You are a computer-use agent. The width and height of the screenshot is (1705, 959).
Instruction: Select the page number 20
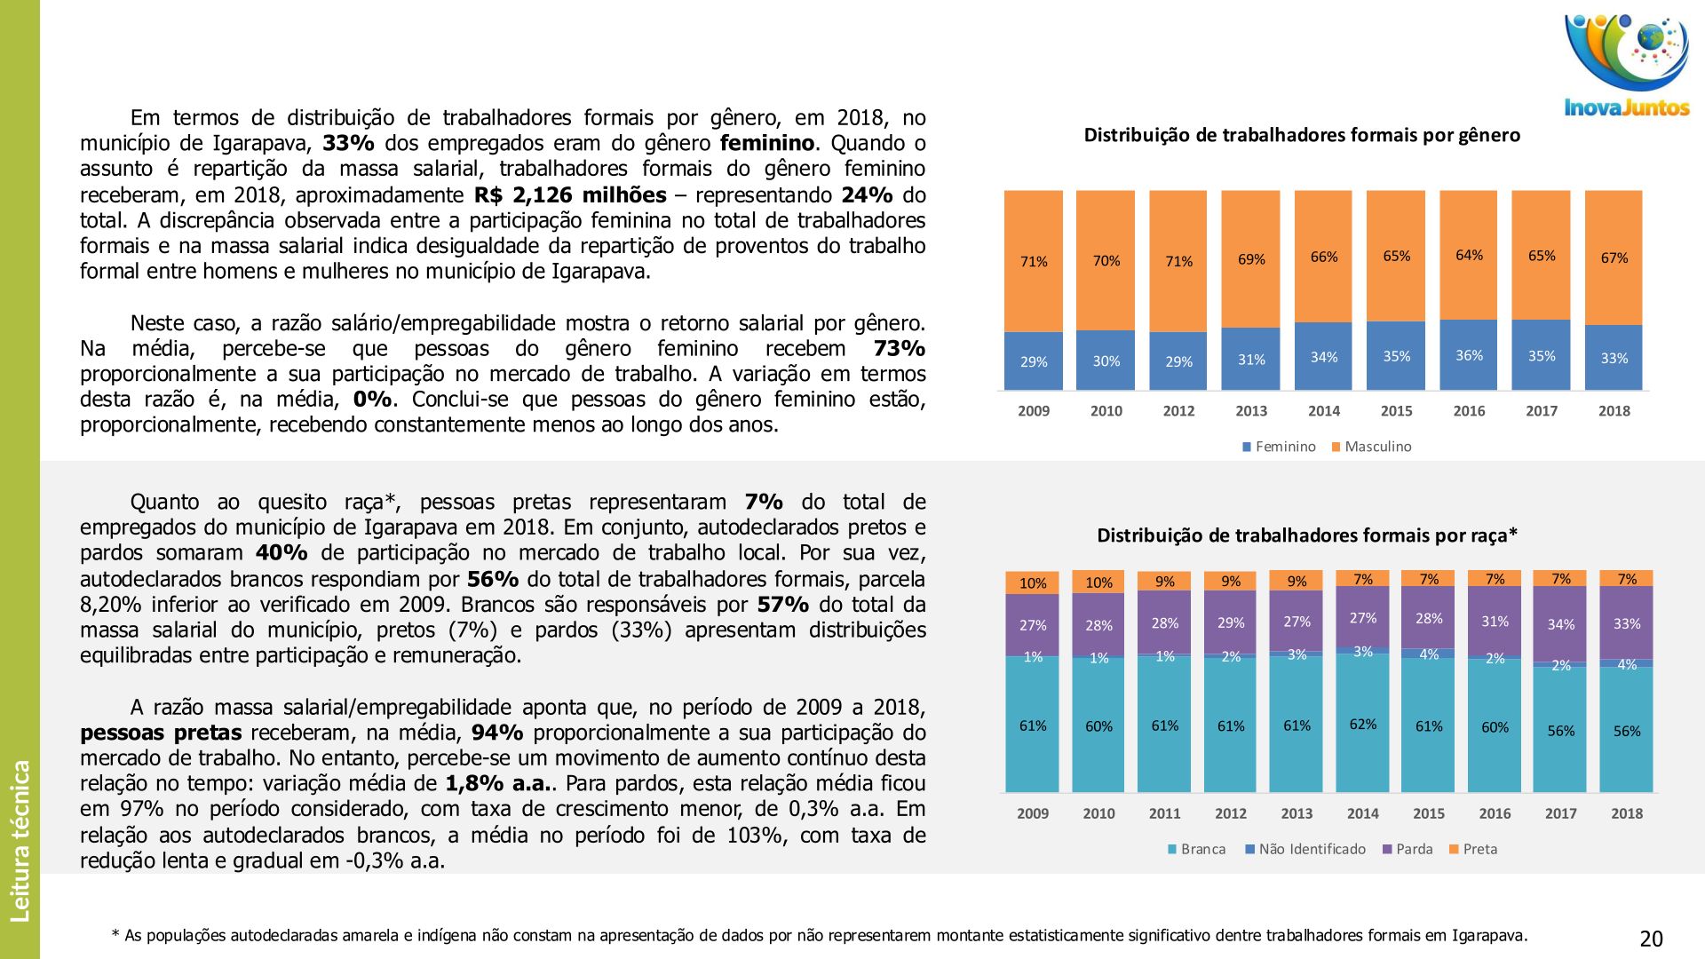click(1651, 939)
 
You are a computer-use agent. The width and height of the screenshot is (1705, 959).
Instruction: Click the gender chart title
click(1302, 135)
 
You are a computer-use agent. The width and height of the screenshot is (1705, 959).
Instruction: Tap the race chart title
click(1307, 535)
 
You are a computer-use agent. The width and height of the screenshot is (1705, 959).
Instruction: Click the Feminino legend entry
click(1279, 447)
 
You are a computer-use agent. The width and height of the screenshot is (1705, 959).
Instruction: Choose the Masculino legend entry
click(1371, 447)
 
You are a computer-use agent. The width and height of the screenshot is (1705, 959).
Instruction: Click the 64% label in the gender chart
click(1469, 256)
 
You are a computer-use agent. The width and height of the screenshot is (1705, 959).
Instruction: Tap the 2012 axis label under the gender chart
click(1178, 411)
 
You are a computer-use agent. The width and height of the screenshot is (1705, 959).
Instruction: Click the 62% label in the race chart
click(1363, 725)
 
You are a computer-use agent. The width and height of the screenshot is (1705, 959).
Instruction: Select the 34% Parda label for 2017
click(1560, 624)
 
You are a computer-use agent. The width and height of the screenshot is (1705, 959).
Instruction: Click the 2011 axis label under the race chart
click(1164, 813)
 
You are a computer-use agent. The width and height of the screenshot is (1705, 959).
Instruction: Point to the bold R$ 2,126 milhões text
click(570, 194)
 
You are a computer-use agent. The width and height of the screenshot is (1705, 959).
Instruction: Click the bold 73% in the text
click(899, 348)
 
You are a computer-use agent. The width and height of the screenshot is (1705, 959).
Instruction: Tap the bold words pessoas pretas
click(161, 733)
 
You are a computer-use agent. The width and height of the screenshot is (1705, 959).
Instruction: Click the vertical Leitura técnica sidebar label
click(20, 839)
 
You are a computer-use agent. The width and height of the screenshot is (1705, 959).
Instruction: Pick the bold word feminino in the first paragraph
click(766, 143)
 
